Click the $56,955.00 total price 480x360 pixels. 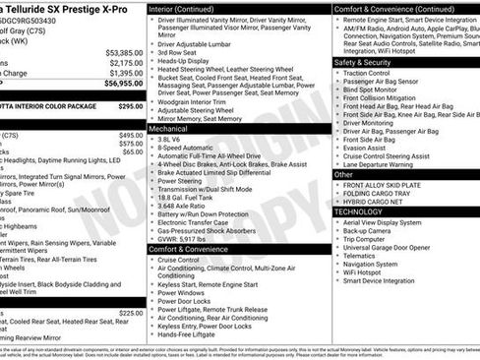coord(119,84)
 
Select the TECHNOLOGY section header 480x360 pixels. coord(359,211)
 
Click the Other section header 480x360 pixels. coord(343,174)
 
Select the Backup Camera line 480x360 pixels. coord(367,231)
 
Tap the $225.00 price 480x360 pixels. coord(131,313)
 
